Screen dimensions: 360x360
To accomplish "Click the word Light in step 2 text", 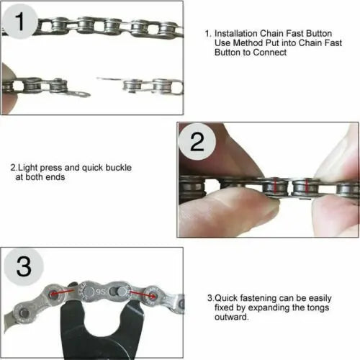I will [x=27, y=168].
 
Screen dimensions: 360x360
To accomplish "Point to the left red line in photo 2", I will [x=271, y=187].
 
